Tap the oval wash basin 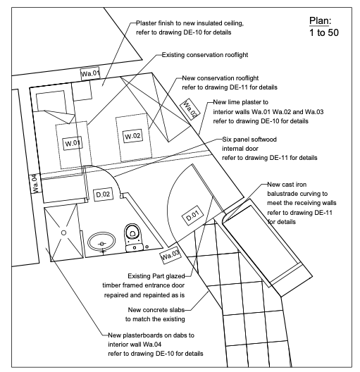pos(102,243)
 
